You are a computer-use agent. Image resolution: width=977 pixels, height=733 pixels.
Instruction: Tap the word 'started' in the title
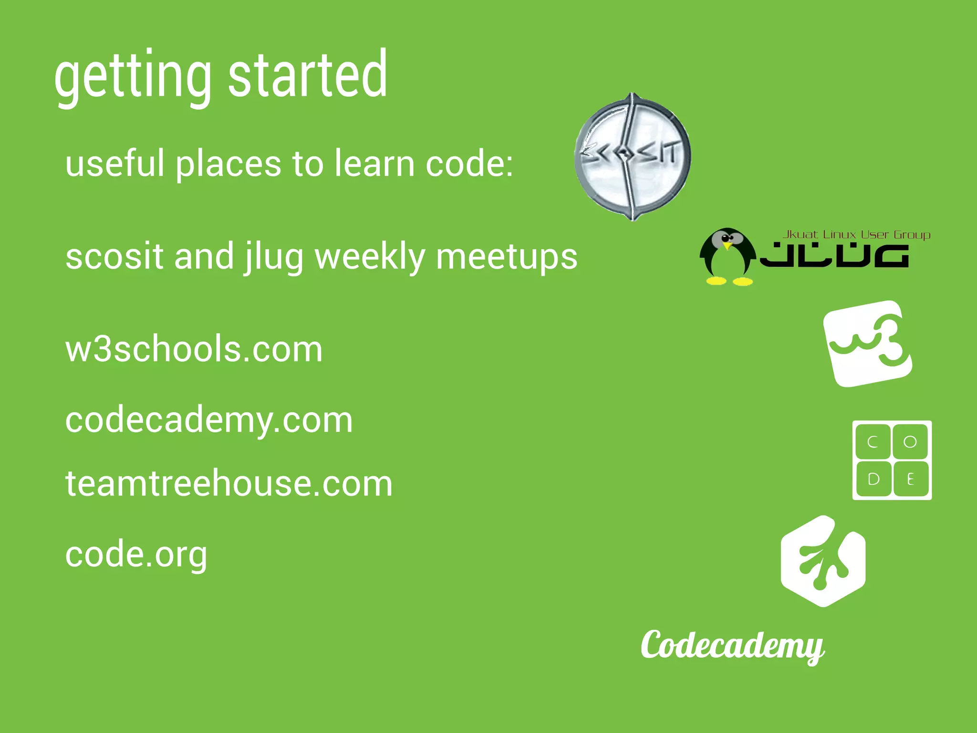click(x=308, y=75)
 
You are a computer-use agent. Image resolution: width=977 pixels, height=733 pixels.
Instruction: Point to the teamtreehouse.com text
click(x=229, y=483)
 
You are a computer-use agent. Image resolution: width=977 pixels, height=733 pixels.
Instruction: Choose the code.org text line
click(x=136, y=555)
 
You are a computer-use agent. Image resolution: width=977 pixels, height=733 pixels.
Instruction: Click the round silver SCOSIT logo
click(x=633, y=157)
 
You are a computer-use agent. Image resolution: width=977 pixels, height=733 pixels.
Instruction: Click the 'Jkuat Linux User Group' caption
click(x=856, y=234)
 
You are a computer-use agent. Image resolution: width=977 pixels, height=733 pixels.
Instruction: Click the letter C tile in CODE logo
click(x=873, y=442)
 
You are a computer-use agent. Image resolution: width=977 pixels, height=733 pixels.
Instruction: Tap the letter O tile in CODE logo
click(x=910, y=442)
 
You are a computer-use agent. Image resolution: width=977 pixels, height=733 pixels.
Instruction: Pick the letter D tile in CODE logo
click(x=873, y=479)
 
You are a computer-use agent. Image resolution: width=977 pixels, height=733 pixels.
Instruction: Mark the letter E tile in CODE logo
click(x=910, y=479)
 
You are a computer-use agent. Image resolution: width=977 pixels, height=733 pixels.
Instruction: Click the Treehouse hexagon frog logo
click(x=823, y=561)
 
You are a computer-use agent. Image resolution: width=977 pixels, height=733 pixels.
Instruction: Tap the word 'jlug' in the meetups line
click(x=273, y=258)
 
